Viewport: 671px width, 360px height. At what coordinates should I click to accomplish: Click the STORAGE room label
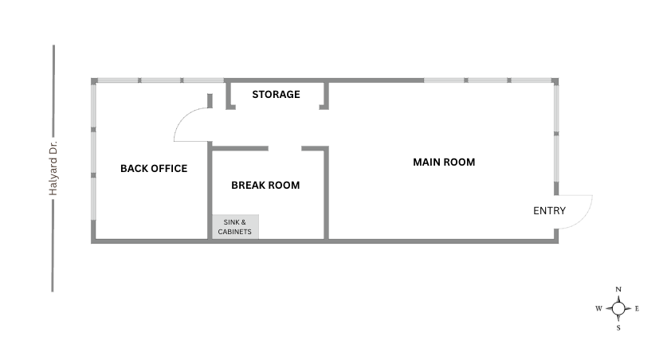[x=276, y=94]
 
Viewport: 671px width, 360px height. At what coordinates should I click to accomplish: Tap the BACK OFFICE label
[x=154, y=169]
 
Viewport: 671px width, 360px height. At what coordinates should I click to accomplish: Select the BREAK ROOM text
[x=265, y=185]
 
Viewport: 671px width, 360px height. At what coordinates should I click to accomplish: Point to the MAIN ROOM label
[x=444, y=162]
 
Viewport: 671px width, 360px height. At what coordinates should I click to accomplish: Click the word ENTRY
[x=549, y=211]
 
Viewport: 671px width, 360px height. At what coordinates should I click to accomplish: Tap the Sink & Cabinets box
[x=235, y=227]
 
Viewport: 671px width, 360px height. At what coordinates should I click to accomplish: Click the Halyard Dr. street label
[x=53, y=168]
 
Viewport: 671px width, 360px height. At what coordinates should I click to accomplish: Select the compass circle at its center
[x=618, y=308]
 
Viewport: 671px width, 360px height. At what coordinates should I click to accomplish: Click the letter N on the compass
[x=618, y=289]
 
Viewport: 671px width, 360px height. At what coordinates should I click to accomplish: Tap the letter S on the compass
[x=618, y=328]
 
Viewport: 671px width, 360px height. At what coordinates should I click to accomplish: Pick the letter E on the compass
[x=637, y=309]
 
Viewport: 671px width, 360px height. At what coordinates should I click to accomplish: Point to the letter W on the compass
[x=598, y=309]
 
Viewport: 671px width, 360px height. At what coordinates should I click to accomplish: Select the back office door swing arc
[x=182, y=119]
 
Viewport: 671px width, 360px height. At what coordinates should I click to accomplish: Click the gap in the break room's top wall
[x=285, y=148]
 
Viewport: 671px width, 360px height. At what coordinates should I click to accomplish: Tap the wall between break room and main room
[x=326, y=193]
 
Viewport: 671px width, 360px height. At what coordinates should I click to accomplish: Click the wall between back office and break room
[x=210, y=190]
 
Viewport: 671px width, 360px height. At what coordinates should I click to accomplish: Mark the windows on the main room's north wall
[x=488, y=80]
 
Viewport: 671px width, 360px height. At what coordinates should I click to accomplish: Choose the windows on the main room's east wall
[x=556, y=133]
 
